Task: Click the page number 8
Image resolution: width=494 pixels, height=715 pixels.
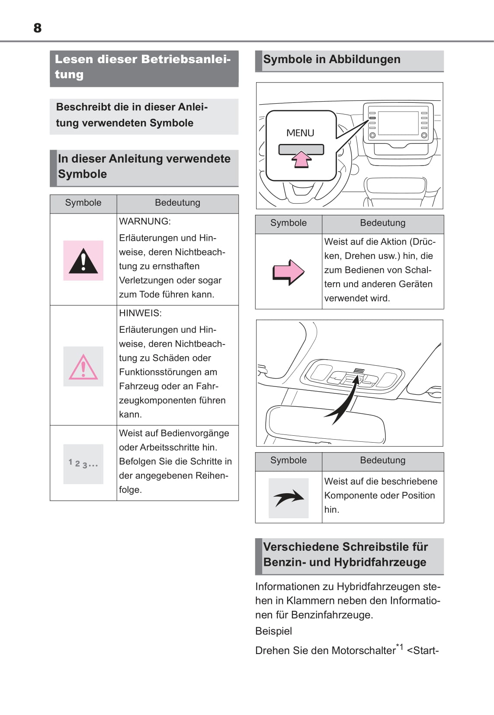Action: [38, 28]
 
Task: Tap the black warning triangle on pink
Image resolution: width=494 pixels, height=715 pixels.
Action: [83, 261]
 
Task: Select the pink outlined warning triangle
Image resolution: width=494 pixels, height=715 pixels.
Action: [83, 367]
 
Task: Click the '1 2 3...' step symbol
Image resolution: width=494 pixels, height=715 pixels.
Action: [83, 464]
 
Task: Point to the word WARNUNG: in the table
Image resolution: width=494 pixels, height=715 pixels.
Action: [145, 221]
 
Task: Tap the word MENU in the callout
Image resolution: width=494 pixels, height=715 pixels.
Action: [300, 133]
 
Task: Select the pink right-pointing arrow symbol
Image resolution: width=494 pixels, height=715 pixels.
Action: [289, 272]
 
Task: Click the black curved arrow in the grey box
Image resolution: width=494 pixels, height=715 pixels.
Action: [289, 498]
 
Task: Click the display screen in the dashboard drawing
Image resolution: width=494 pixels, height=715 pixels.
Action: [398, 123]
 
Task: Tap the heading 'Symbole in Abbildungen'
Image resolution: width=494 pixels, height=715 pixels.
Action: [332, 59]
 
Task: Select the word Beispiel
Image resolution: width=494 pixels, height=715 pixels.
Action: [273, 631]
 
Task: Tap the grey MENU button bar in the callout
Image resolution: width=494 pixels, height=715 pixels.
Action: [301, 149]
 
